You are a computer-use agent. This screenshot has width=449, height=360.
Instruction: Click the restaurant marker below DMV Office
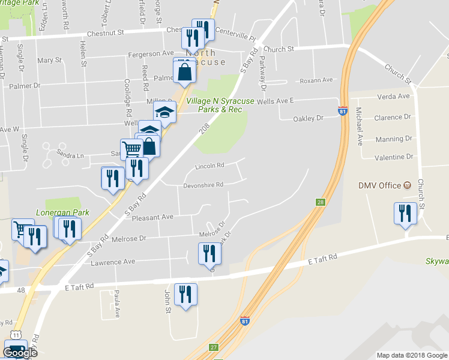pos(405,214)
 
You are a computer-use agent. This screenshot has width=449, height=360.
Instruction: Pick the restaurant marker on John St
pos(185,295)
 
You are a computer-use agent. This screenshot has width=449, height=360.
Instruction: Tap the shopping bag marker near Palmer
pos(184,72)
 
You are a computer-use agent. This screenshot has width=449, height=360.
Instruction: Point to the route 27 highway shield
pos(212,347)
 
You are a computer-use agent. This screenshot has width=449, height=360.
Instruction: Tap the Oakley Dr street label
pos(308,118)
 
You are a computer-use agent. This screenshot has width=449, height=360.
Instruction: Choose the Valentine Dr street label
pos(394,157)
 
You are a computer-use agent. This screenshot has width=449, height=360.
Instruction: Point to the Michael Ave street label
pos(360,126)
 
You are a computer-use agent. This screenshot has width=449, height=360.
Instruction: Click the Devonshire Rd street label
pos(203,184)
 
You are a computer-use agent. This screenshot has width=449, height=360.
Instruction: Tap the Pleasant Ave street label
pos(152,217)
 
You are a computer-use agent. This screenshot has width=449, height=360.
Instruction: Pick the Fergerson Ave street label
pos(151,53)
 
